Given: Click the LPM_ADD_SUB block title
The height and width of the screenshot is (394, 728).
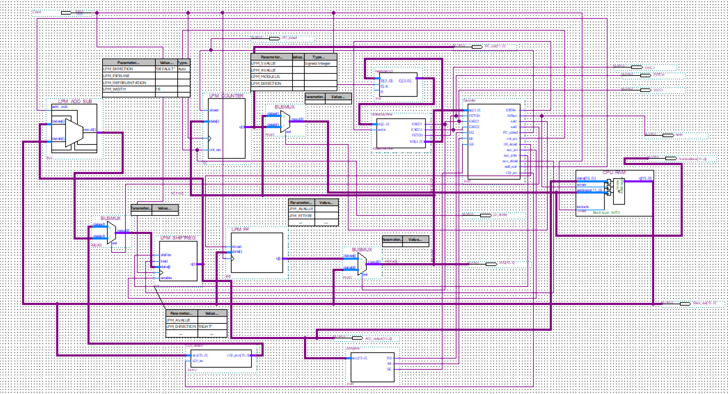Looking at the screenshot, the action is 75,101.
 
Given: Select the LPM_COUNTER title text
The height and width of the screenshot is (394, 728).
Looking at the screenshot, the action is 226,96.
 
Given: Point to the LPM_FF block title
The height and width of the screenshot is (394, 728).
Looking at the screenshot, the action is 240,229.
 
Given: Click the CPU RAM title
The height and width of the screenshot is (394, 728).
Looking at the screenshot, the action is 614,172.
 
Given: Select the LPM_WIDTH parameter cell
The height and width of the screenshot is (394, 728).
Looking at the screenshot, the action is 114,89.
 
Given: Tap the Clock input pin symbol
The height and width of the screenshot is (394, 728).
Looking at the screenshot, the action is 66,13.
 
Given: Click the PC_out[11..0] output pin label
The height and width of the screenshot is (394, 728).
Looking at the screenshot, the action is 495,46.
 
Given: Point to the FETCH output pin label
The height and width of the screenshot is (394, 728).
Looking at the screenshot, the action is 659,75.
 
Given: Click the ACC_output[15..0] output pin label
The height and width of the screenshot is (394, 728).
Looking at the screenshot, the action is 378,339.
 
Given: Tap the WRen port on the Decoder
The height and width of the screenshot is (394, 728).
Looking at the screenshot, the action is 512,116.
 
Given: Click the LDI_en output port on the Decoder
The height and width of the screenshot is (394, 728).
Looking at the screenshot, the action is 511,173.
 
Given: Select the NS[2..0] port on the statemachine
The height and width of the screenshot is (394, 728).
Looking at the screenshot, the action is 416,141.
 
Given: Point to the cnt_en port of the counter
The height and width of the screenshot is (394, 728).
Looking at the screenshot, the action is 215,150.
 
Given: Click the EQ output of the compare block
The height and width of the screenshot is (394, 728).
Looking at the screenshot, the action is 389,358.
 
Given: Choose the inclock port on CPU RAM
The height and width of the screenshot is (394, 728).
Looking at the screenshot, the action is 583,207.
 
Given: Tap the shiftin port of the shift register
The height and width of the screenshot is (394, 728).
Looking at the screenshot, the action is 166,255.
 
